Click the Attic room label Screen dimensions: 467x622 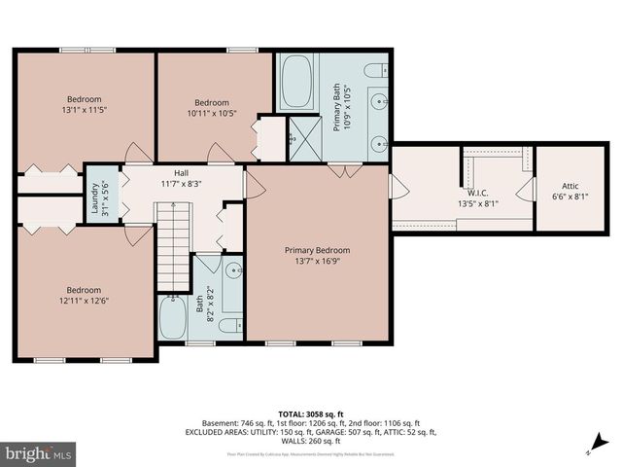coord(570,186)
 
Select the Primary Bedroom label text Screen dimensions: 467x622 coord(317,250)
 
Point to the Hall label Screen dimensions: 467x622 coord(181,172)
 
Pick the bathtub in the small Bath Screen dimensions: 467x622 coord(173,316)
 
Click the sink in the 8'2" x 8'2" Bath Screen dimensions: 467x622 coord(232,271)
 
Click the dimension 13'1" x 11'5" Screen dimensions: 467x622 coord(85,110)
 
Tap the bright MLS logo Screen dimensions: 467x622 coord(39,453)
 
